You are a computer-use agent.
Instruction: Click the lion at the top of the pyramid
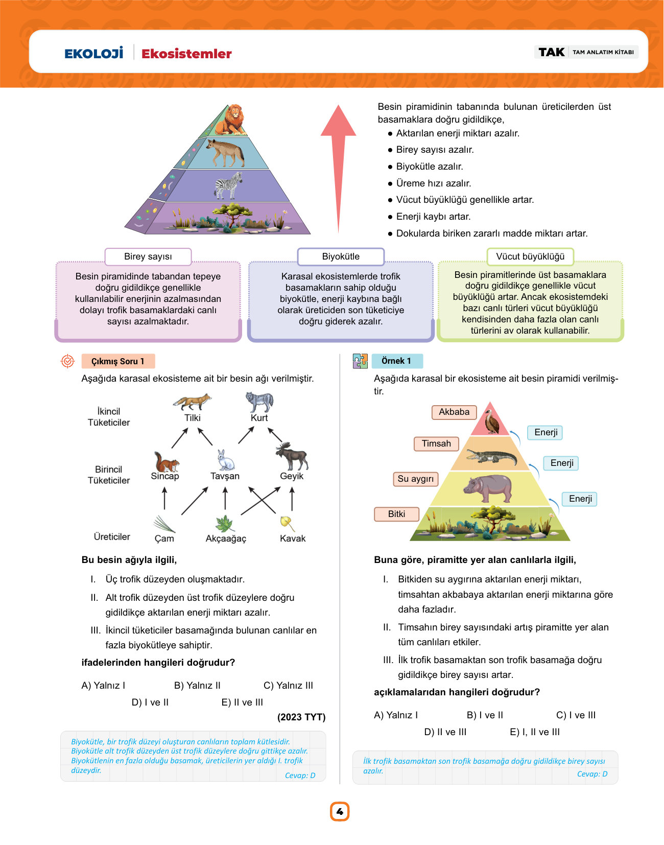tap(230, 120)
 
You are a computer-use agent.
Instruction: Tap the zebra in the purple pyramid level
tap(229, 185)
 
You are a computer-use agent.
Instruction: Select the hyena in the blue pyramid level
tap(225, 152)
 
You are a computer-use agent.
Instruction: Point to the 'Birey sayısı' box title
tap(148, 256)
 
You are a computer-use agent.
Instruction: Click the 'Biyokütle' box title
tap(341, 256)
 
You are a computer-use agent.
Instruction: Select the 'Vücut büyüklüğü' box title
tap(530, 256)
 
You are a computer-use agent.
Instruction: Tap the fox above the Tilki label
tap(192, 402)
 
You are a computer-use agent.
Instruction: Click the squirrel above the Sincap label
tap(166, 461)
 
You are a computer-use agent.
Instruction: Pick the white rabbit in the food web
tap(225, 460)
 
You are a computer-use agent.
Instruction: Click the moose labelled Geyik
tap(292, 456)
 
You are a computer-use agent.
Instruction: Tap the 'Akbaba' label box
tap(454, 412)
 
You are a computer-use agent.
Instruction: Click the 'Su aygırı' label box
tap(416, 479)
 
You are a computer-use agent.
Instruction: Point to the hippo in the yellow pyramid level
tap(487, 488)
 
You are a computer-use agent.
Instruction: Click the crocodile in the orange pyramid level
tap(492, 457)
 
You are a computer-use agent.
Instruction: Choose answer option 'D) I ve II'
tap(150, 702)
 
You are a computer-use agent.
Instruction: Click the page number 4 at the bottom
tap(339, 812)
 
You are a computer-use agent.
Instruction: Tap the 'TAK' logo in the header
tap(551, 52)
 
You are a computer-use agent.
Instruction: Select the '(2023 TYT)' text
tap(301, 717)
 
